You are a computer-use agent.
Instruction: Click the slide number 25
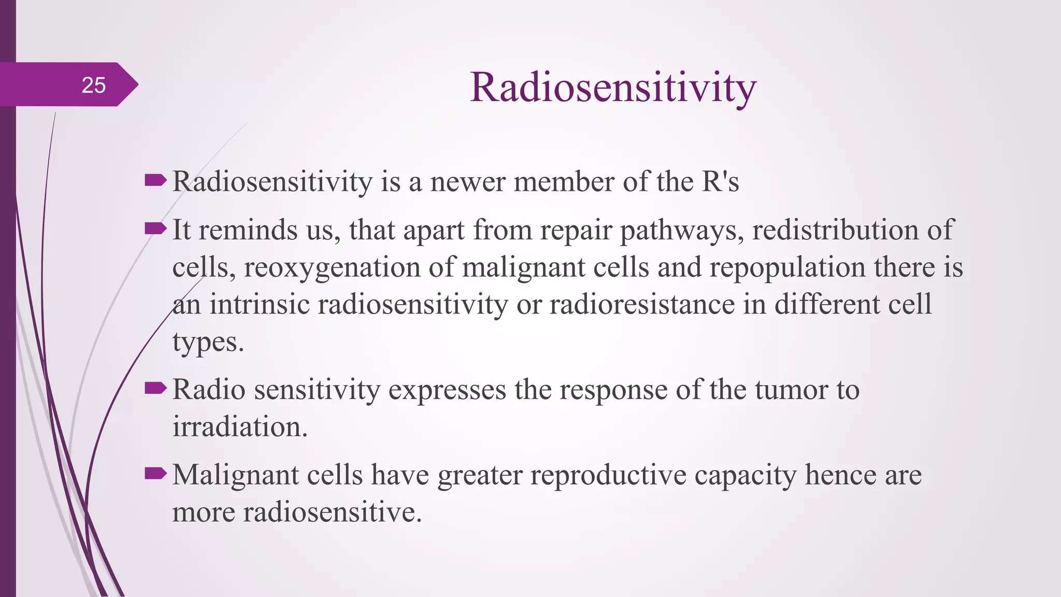[x=94, y=85]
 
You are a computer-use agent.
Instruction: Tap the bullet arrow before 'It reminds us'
[x=155, y=228]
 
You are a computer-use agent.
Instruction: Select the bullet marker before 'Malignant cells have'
[x=155, y=473]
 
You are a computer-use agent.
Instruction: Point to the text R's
[x=720, y=182]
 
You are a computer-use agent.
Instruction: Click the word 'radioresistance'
[x=642, y=305]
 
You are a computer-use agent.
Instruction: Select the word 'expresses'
[x=447, y=390]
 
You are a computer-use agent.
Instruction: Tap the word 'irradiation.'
[x=240, y=428]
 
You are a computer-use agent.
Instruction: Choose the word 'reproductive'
[x=608, y=475]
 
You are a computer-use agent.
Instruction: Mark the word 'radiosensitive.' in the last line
[x=333, y=513]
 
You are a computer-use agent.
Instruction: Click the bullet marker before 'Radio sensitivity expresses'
[x=155, y=388]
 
